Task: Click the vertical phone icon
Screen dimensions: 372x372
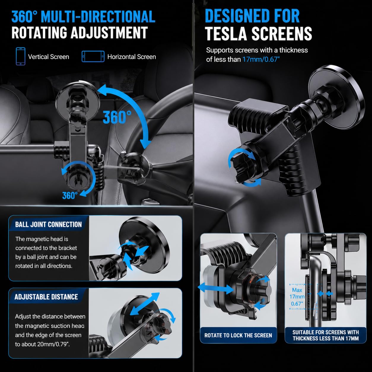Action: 20,56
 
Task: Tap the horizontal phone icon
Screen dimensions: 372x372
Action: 93,57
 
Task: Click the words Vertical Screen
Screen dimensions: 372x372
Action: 48,57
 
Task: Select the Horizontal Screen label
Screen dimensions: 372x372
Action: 132,57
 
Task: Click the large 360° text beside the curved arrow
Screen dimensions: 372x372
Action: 117,117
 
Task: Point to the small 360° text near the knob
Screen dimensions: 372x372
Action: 70,195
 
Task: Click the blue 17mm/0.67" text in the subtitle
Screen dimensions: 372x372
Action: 261,59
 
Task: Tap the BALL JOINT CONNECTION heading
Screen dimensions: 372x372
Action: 48,225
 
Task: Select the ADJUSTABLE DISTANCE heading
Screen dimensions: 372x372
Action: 46,297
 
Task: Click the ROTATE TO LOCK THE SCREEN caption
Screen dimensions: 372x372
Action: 238,335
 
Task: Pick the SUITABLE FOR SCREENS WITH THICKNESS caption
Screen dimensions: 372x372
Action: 325,335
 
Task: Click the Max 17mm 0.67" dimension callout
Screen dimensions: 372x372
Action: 297,297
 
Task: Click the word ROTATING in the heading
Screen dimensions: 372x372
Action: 39,32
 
